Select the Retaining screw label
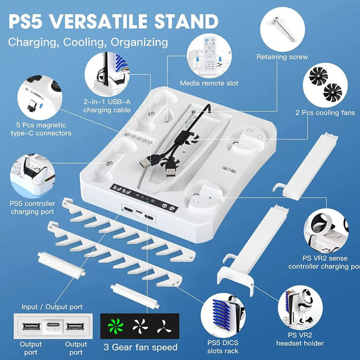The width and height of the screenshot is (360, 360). click(282, 57)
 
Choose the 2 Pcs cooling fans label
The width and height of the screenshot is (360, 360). click(325, 113)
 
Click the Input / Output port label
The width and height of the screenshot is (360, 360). click(50, 307)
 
